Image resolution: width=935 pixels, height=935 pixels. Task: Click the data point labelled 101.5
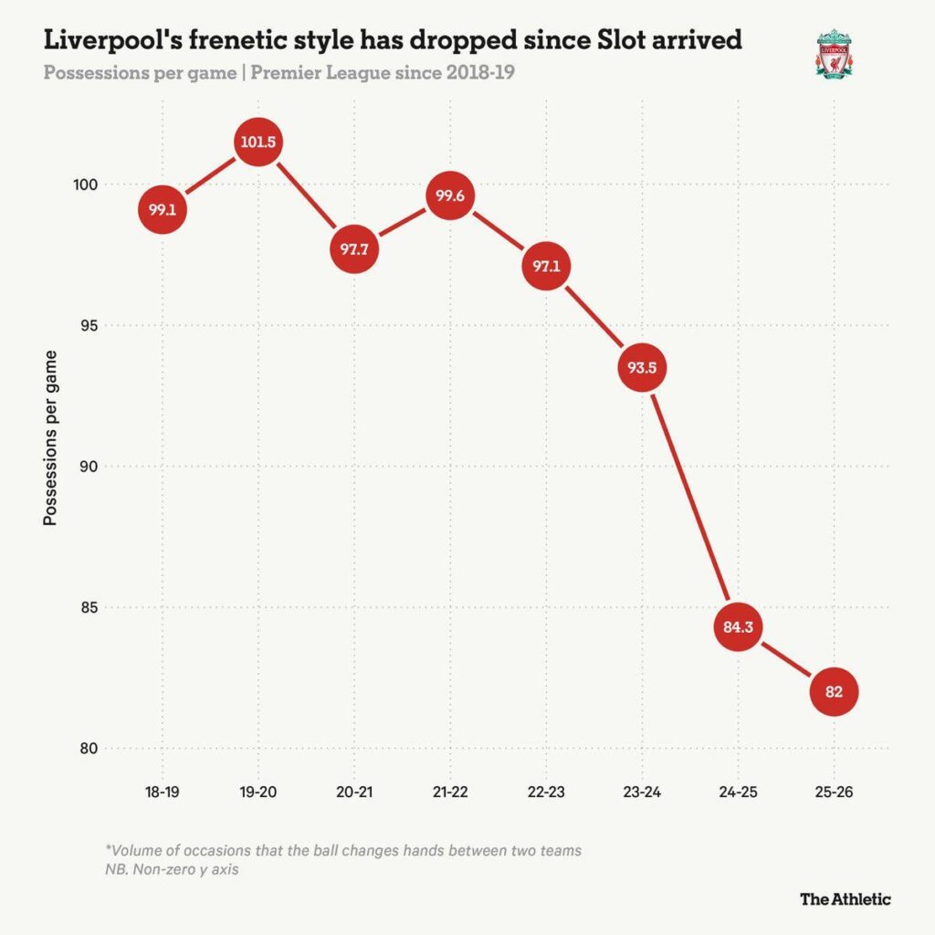pos(257,142)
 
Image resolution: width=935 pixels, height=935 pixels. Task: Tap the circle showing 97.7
pos(353,250)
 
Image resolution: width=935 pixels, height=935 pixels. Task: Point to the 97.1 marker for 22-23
pos(545,267)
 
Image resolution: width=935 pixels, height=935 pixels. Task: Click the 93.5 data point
pos(641,368)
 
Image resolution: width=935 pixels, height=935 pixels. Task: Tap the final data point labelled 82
pos(833,692)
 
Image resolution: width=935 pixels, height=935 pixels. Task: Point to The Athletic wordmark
pos(845,898)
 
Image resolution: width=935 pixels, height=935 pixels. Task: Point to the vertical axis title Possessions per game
pos(51,437)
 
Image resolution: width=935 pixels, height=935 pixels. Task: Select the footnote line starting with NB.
pos(172,869)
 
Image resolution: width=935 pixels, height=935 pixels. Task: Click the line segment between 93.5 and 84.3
pos(689,498)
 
